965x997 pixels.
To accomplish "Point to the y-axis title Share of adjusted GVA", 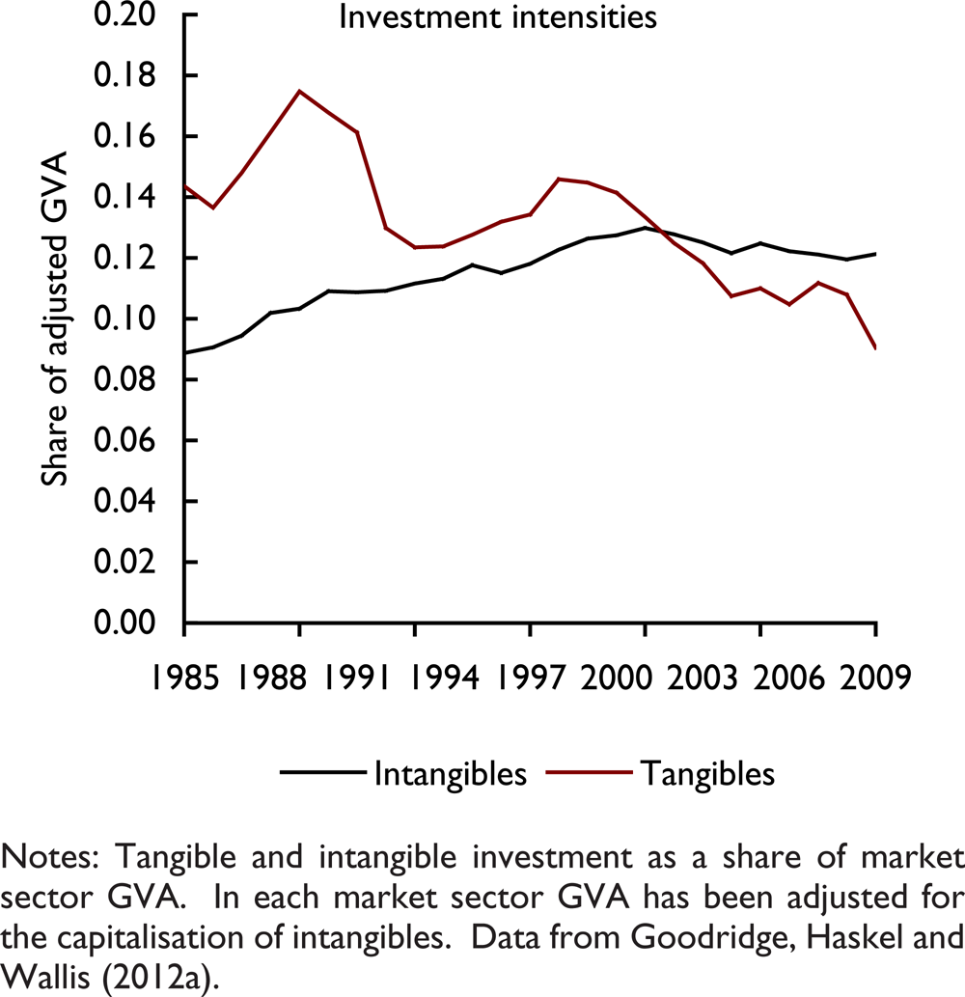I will (x=57, y=318).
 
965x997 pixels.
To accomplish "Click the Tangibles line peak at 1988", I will (x=299, y=91).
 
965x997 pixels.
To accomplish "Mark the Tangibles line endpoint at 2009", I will (x=875, y=347).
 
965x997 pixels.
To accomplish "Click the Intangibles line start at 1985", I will (x=184, y=352).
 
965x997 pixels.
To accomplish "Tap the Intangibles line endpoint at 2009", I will (x=875, y=254).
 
